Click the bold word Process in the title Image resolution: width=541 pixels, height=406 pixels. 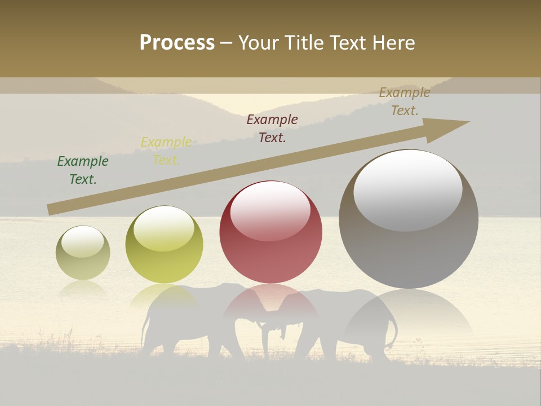[177, 43]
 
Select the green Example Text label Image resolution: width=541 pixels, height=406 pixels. [83, 170]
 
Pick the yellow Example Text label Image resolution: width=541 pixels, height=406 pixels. [166, 151]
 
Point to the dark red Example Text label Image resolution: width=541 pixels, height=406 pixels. [272, 128]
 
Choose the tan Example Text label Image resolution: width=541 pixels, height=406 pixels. [405, 101]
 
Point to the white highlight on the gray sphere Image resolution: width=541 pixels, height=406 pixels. [408, 189]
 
